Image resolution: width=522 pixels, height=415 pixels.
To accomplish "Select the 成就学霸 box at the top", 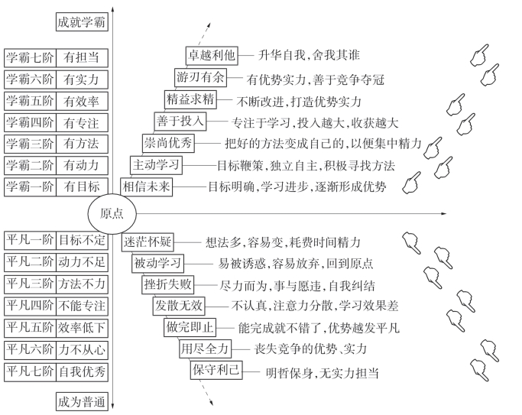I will (x=82, y=21).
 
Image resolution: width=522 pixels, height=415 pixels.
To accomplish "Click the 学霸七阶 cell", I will (x=30, y=57).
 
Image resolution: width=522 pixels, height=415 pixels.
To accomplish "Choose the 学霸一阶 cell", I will (x=30, y=186).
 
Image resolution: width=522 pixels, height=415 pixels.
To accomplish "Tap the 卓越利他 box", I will (x=212, y=55).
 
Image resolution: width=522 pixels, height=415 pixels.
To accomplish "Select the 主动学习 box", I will (x=157, y=164).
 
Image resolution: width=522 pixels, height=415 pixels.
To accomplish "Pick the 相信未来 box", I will (x=147, y=186).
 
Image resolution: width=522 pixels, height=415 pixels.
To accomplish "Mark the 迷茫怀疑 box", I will (x=148, y=242).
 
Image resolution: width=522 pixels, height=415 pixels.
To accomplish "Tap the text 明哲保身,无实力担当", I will (x=322, y=373).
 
